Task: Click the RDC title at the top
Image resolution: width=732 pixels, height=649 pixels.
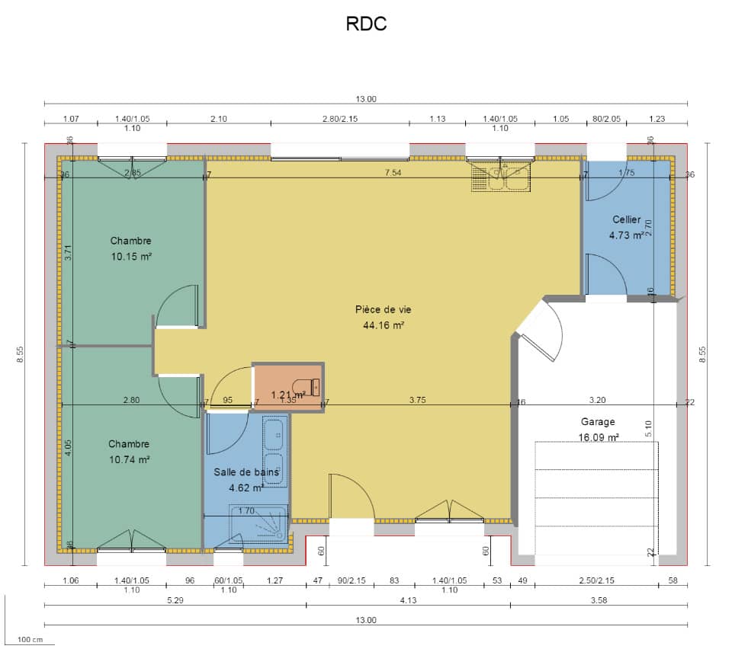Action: (x=366, y=24)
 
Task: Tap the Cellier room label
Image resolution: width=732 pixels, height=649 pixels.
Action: (x=625, y=220)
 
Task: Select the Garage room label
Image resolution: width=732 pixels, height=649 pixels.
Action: (x=598, y=421)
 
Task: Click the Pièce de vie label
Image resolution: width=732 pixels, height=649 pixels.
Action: (x=383, y=309)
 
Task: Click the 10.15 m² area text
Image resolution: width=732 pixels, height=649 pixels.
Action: (x=130, y=257)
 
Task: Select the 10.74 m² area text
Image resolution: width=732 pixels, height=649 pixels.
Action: (x=129, y=459)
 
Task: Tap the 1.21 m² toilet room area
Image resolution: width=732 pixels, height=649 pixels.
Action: (x=289, y=395)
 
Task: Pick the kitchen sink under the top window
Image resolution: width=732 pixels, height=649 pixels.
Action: (x=500, y=178)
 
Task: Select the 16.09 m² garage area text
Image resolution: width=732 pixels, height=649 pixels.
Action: (x=598, y=437)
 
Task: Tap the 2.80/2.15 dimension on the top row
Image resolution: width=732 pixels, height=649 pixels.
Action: (x=339, y=119)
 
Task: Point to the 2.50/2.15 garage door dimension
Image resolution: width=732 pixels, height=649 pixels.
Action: (x=596, y=581)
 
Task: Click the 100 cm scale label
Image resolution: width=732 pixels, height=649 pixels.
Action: (x=30, y=639)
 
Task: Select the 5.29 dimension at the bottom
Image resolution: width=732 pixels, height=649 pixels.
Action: (x=175, y=599)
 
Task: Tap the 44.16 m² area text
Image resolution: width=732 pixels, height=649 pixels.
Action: (x=383, y=325)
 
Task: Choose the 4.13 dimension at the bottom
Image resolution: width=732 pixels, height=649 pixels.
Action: (x=408, y=599)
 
